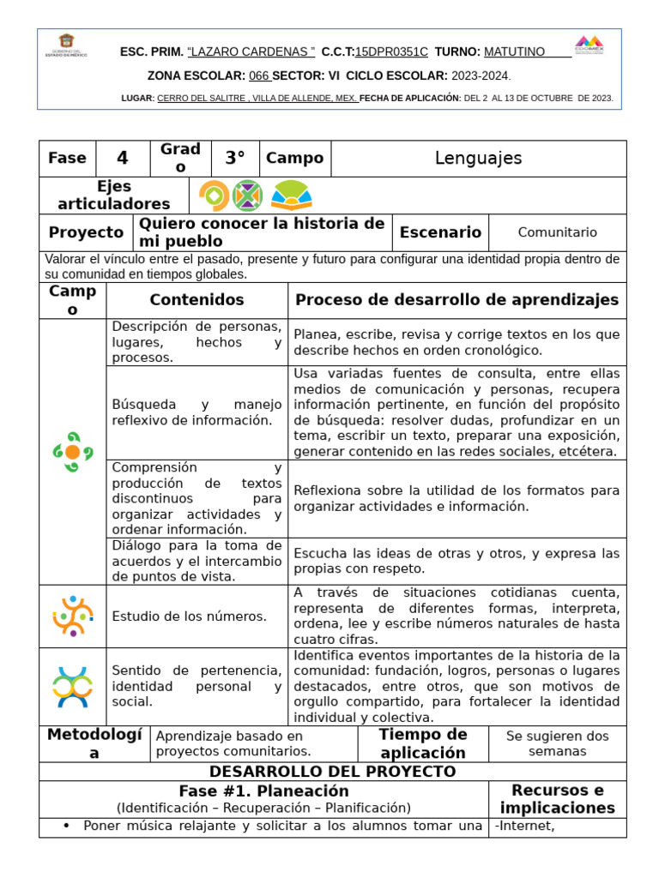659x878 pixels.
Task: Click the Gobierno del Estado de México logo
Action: pyautogui.click(x=66, y=45)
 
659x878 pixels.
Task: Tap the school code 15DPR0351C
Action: pyautogui.click(x=391, y=51)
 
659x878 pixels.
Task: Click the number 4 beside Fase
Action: pyautogui.click(x=122, y=158)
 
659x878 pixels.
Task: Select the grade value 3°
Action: pyautogui.click(x=235, y=158)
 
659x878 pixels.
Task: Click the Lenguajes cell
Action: pyautogui.click(x=478, y=158)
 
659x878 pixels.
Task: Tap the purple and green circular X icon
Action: pyautogui.click(x=247, y=195)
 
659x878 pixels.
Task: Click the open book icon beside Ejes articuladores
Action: pyautogui.click(x=291, y=195)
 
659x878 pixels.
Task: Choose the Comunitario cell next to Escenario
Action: pyautogui.click(x=558, y=232)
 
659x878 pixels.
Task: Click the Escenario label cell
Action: pyautogui.click(x=440, y=232)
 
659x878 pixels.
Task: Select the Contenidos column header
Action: pyautogui.click(x=196, y=300)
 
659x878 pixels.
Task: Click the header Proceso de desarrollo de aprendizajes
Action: pyautogui.click(x=456, y=300)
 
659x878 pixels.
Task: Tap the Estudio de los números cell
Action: pyautogui.click(x=189, y=616)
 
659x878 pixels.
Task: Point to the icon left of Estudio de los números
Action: pyautogui.click(x=73, y=616)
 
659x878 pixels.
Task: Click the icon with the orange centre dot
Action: pyautogui.click(x=73, y=452)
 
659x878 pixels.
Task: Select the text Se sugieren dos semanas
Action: pyautogui.click(x=557, y=743)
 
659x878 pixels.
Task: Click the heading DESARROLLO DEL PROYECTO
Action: pyautogui.click(x=332, y=771)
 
